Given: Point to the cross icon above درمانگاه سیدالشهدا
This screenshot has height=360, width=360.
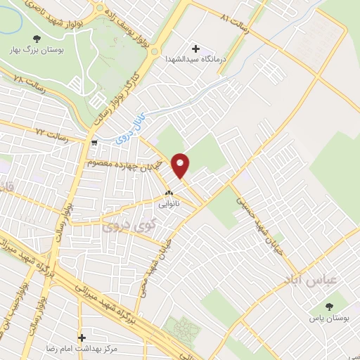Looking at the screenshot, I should (195, 49).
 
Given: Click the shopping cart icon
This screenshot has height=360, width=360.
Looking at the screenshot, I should (94, 142).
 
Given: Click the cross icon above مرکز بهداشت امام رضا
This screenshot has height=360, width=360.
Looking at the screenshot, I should (82, 337).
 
